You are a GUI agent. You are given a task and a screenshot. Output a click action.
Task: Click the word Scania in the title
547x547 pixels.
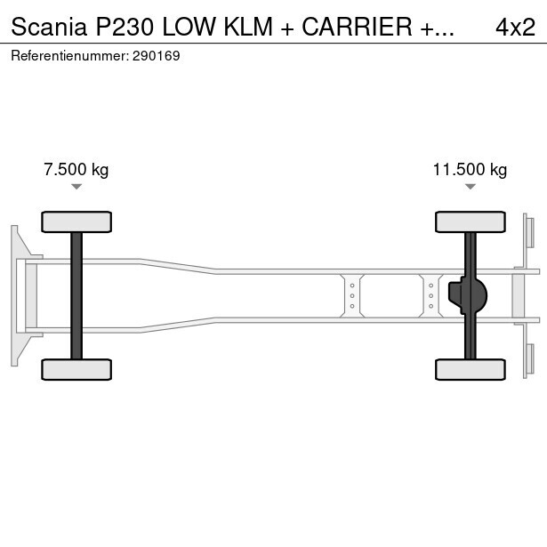point(49,27)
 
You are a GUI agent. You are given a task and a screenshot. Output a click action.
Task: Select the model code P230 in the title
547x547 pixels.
point(125,27)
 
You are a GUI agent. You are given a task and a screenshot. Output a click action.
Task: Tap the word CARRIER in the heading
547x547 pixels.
point(357,27)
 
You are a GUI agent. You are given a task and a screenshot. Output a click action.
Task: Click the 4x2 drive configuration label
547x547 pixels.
point(515,27)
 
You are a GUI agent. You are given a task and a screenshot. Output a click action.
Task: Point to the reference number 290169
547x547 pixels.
point(157,56)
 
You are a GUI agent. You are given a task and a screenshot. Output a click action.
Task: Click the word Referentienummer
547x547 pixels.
point(70,56)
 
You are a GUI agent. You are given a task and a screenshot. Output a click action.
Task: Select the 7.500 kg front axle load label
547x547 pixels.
point(76,170)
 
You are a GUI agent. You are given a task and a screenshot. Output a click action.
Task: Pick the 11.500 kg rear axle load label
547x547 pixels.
point(470,170)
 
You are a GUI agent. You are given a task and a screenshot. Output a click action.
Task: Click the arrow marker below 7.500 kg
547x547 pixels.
point(76,187)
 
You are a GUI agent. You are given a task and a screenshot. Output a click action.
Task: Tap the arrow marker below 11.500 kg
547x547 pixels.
point(471,187)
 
